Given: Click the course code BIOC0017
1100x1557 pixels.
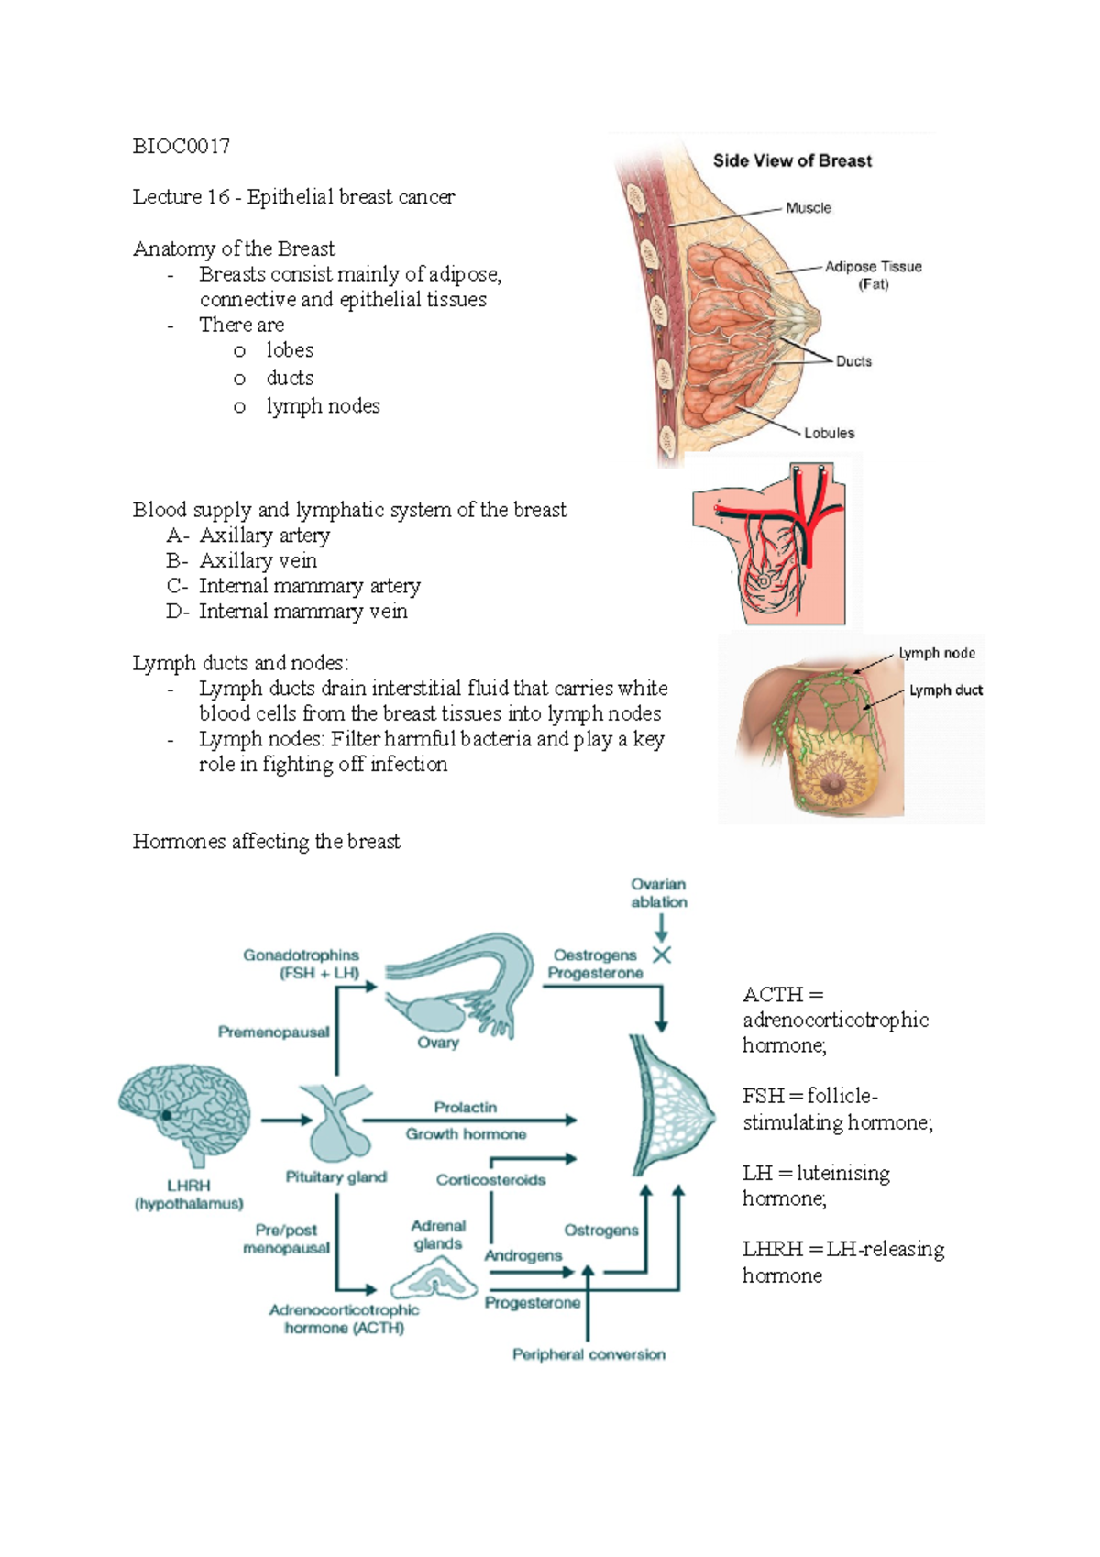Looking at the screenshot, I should (x=181, y=147).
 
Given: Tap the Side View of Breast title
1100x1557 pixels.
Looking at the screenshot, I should (x=792, y=161).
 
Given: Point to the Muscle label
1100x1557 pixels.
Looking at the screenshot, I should (x=808, y=208).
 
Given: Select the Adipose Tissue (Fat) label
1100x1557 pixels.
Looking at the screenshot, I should (x=873, y=275).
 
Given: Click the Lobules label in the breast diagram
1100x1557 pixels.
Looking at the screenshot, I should (x=829, y=433).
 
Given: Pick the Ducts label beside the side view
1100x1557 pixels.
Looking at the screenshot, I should (x=853, y=361).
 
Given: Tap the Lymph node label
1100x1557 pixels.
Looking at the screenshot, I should (x=936, y=653).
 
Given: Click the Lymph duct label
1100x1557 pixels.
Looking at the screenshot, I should (x=945, y=690).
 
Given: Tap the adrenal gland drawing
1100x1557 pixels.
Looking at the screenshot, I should (x=435, y=1278).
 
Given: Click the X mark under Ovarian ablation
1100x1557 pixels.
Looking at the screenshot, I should (x=662, y=955).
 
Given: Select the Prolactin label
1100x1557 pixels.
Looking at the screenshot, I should (x=466, y=1108).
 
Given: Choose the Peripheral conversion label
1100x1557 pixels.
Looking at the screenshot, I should (x=588, y=1354).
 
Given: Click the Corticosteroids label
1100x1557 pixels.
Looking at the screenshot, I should (x=490, y=1180).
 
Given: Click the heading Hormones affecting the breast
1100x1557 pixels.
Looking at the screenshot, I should (x=266, y=842).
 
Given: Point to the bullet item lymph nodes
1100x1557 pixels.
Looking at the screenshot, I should (x=323, y=406).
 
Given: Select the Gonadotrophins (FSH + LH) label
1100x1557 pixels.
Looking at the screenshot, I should (x=302, y=964).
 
